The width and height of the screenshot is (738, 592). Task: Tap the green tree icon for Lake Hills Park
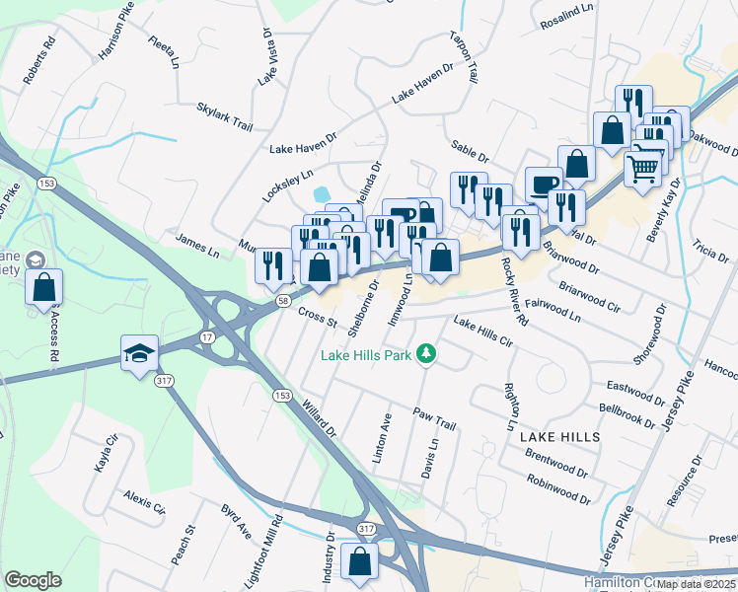click(x=426, y=352)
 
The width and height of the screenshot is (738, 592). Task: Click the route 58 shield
click(x=283, y=300)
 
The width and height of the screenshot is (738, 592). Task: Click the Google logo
click(x=33, y=579)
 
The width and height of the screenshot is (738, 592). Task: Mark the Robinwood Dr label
click(x=557, y=487)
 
